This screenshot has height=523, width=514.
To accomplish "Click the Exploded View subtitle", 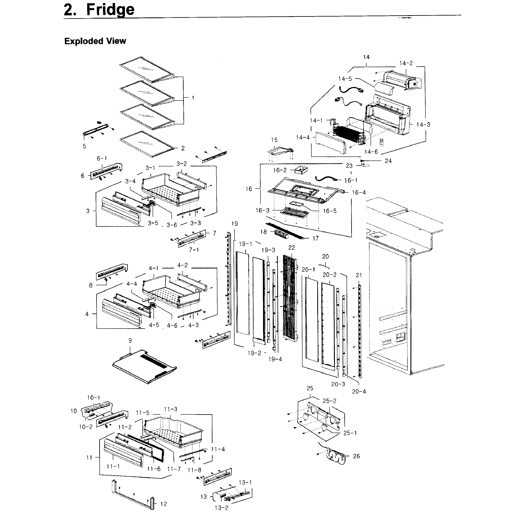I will pyautogui.click(x=95, y=41).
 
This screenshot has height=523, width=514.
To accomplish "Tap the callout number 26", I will pyautogui.click(x=356, y=456).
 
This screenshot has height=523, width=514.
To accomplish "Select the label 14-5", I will pyautogui.click(x=345, y=79).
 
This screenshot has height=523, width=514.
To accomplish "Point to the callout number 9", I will pyautogui.click(x=130, y=341).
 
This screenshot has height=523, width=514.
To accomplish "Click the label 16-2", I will pyautogui.click(x=280, y=170).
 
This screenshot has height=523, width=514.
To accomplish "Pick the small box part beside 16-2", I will pyautogui.click(x=301, y=170).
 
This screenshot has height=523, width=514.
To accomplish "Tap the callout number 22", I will pyautogui.click(x=292, y=247).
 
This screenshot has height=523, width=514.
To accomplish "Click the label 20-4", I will pyautogui.click(x=359, y=391).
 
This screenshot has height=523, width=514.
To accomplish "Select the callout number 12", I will pyautogui.click(x=164, y=504).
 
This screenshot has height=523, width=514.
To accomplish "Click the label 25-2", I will pyautogui.click(x=329, y=401).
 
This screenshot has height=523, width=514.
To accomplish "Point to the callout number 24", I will pyautogui.click(x=388, y=161).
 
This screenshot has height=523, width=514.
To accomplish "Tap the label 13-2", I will pyautogui.click(x=221, y=508).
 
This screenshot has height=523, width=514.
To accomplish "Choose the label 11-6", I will pyautogui.click(x=154, y=469).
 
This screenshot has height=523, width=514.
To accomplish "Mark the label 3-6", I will pyautogui.click(x=172, y=225).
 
